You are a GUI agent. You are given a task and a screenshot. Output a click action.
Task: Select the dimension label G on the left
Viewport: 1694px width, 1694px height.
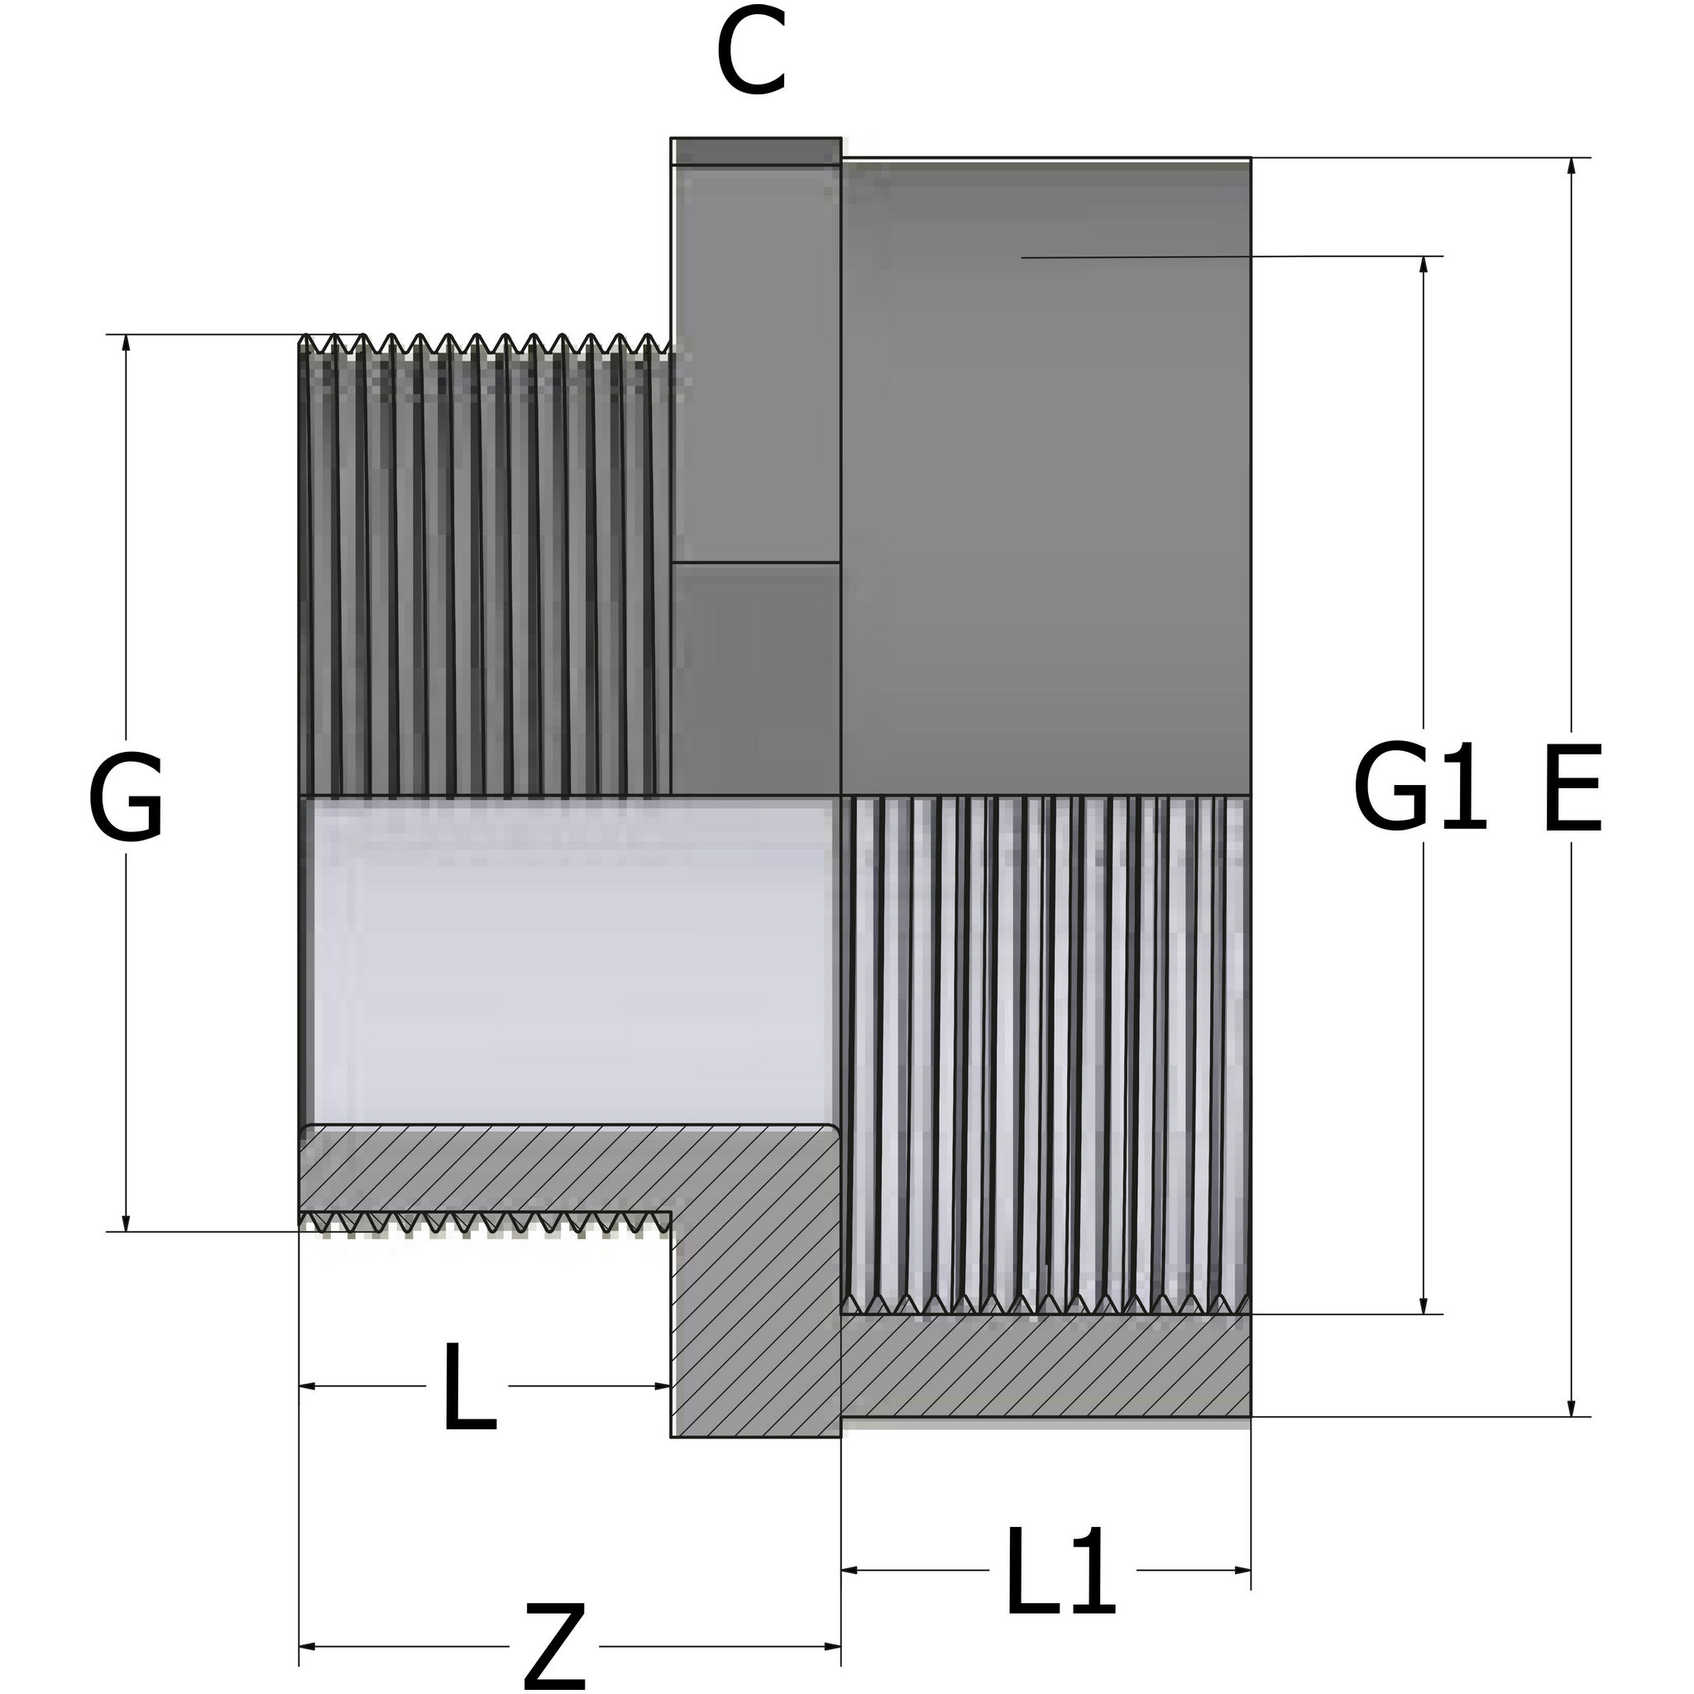click(x=126, y=797)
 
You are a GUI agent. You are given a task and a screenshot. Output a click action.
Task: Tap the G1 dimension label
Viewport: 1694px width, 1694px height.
click(x=1419, y=787)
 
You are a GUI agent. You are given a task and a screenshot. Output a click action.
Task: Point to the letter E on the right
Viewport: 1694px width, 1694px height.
click(x=1572, y=787)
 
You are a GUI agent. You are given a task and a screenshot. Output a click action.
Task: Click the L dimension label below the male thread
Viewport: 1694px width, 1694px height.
click(x=468, y=1387)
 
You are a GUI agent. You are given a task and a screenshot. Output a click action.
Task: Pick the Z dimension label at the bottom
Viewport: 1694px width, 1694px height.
click(x=554, y=1647)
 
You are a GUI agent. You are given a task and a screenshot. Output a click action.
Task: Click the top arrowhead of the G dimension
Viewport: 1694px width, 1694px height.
click(x=126, y=342)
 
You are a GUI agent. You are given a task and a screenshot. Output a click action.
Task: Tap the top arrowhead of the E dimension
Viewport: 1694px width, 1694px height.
click(x=1572, y=166)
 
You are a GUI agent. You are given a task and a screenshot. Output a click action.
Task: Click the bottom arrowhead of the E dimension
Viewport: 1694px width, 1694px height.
click(x=1572, y=1407)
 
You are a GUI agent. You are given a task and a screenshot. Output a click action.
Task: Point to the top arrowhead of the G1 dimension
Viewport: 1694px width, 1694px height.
click(x=1423, y=265)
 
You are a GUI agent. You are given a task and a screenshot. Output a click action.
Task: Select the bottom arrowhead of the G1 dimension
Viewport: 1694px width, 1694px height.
click(x=1423, y=1305)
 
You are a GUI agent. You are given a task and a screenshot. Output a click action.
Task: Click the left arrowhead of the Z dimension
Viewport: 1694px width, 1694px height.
click(x=307, y=1647)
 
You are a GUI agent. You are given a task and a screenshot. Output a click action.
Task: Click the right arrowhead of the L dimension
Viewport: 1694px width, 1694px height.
click(x=663, y=1386)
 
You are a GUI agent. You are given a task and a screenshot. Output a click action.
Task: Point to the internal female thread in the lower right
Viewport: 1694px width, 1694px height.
click(x=1043, y=1052)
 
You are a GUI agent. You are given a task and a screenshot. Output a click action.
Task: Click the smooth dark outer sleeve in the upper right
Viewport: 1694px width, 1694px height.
click(x=1043, y=482)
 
